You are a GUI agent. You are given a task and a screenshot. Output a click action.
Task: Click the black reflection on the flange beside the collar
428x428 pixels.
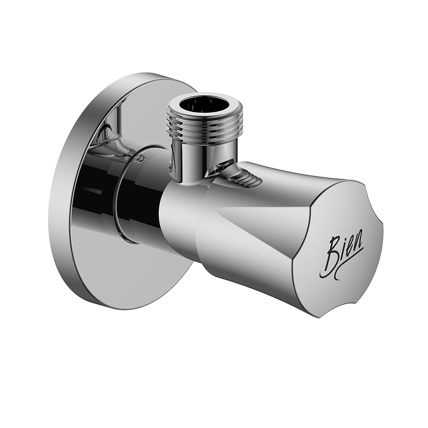[93, 190]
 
